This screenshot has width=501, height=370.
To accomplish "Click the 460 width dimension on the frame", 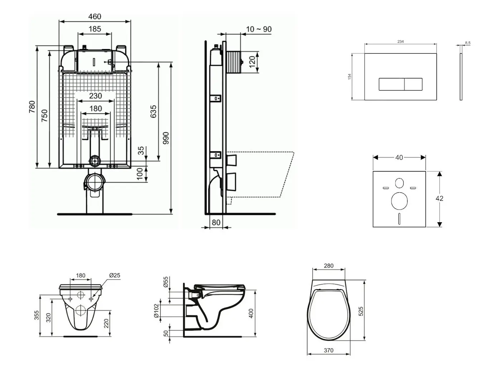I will pos(94,16).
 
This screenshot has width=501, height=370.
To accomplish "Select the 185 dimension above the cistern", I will pos(94,29).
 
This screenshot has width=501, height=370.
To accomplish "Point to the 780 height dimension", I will pos(32,107).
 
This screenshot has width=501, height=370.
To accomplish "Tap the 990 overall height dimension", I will pos(166,138).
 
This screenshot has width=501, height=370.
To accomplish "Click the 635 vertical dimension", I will pos(154,112).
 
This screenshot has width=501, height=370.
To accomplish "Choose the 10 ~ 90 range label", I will pos(259,29).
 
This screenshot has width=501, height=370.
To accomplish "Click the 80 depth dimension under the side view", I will pos(216,223).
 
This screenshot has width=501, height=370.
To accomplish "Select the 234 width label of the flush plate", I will pos(400,42).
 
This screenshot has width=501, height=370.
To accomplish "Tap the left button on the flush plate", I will pos(391,84).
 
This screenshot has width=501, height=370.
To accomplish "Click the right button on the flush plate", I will pos(413,84).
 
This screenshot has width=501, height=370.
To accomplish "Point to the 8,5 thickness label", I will pos(468,43).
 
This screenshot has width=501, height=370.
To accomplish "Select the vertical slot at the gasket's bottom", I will pos(399,219).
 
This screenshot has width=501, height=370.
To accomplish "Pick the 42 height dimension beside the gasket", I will pos(439,199).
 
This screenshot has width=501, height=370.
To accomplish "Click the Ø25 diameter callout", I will pos(114,276).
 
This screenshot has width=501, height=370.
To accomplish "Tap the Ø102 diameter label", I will pos(156,311).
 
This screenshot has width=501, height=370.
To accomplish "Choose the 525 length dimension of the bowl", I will pos(361,311).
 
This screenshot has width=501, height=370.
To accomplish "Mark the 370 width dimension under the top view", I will pos(329,351).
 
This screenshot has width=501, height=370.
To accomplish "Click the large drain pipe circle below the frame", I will pos(95,183).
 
